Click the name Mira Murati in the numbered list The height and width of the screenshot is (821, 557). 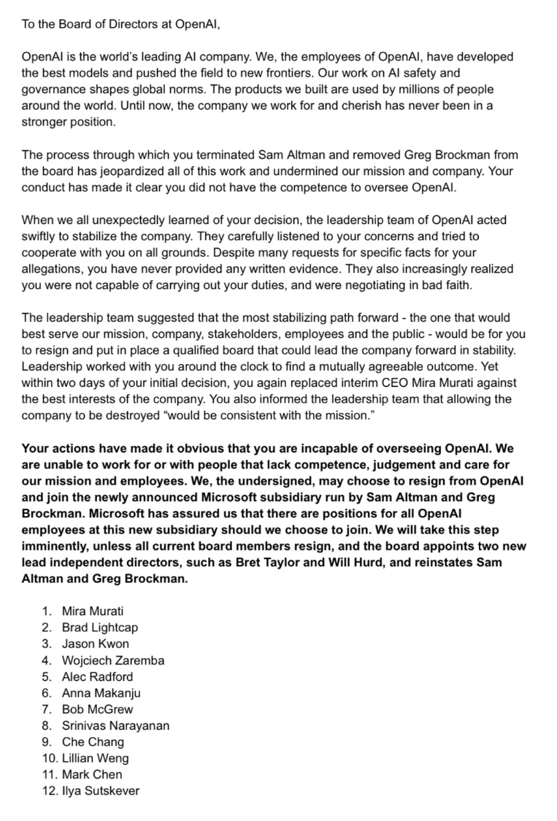click(x=92, y=611)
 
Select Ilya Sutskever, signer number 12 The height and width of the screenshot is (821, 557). click(x=100, y=790)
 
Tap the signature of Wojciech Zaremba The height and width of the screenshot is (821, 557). click(x=112, y=660)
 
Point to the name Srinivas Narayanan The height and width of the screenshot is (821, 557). click(x=115, y=725)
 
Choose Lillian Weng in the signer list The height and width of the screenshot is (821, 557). click(x=95, y=758)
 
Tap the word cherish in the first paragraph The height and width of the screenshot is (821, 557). click(x=337, y=106)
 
